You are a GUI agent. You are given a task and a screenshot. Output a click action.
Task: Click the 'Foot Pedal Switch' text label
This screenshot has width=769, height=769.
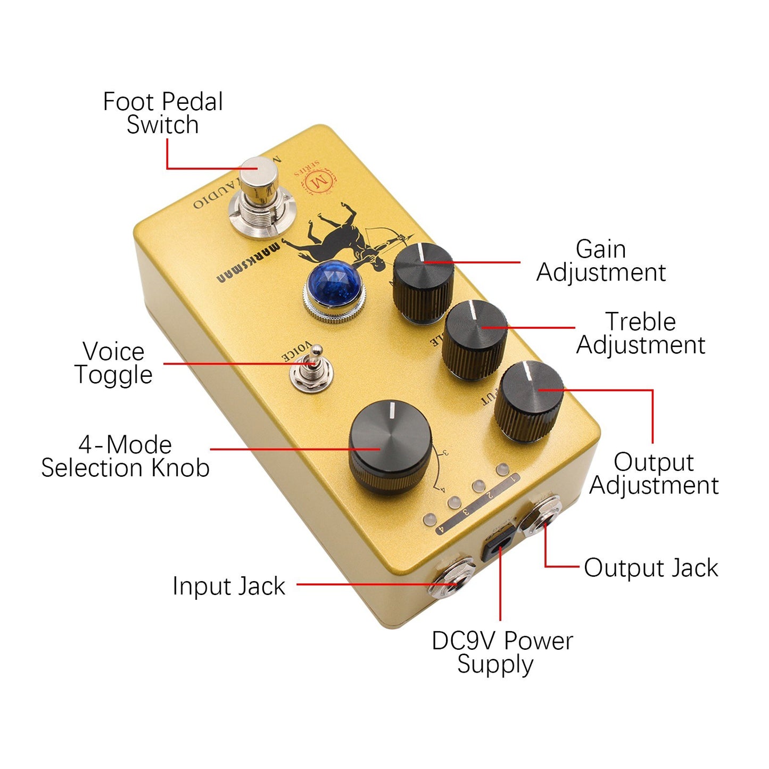(x=163, y=113)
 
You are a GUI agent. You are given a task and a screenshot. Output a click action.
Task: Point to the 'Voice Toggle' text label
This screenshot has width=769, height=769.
(x=113, y=363)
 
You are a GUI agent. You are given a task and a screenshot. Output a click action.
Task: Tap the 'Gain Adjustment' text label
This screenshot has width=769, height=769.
(x=601, y=261)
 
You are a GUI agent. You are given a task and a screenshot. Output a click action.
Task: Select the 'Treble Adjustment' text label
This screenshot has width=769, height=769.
(x=641, y=333)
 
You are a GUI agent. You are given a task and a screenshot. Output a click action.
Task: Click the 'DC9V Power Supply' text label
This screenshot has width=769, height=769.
(x=501, y=652)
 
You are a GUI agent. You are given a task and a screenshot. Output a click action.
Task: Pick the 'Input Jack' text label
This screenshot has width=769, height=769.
(x=229, y=586)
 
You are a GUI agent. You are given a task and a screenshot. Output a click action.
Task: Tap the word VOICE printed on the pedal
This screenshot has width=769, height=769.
(x=296, y=352)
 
